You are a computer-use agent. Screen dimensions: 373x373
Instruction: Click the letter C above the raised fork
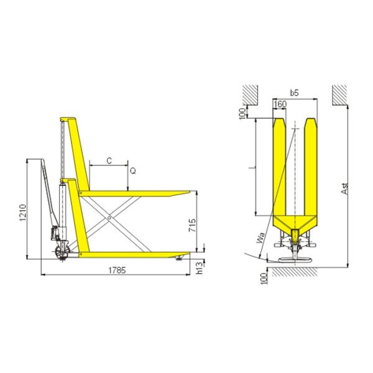(x=109, y=160)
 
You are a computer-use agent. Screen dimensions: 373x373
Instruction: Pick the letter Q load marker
(x=132, y=169)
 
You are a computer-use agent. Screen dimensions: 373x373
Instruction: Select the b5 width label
(x=295, y=93)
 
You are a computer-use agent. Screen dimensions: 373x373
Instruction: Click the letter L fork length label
(x=249, y=167)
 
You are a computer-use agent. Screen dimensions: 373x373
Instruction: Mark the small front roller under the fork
(x=180, y=257)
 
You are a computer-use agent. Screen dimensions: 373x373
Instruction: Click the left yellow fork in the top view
(x=279, y=168)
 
